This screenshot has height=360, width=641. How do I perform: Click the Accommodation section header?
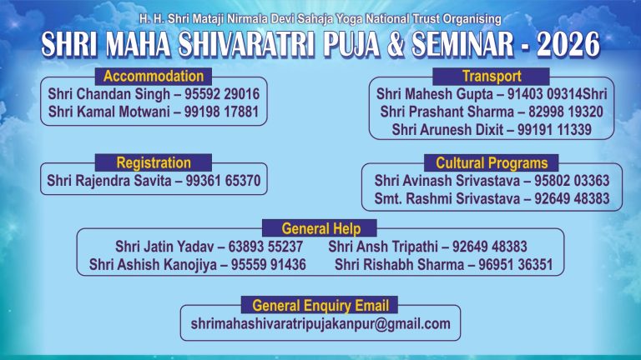pos(153,77)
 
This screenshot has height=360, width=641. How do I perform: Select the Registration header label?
pos(154,162)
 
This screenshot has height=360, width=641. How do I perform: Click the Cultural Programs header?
pos(492,162)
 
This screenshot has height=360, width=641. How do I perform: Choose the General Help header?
pos(320,228)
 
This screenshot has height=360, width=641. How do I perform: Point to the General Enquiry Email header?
pos(320,305)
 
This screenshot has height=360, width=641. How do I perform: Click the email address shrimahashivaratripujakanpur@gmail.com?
pos(320,323)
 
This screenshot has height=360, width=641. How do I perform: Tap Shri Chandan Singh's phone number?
pos(224,94)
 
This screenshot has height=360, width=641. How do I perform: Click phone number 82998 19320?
pos(566,112)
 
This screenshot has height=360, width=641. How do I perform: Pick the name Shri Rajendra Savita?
pos(108,179)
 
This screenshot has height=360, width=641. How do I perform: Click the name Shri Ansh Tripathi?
pos(378,247)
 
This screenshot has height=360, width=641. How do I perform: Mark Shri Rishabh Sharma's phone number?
pos(517,264)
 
